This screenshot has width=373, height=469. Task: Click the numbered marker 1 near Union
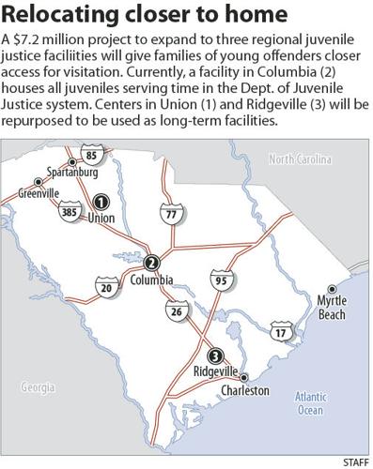coord(101,201)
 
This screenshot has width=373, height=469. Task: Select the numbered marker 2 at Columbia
coord(152,264)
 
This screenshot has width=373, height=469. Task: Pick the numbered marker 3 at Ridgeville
coord(215,356)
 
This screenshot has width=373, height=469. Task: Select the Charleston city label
coord(244,390)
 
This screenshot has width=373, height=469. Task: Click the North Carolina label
coord(307,159)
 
